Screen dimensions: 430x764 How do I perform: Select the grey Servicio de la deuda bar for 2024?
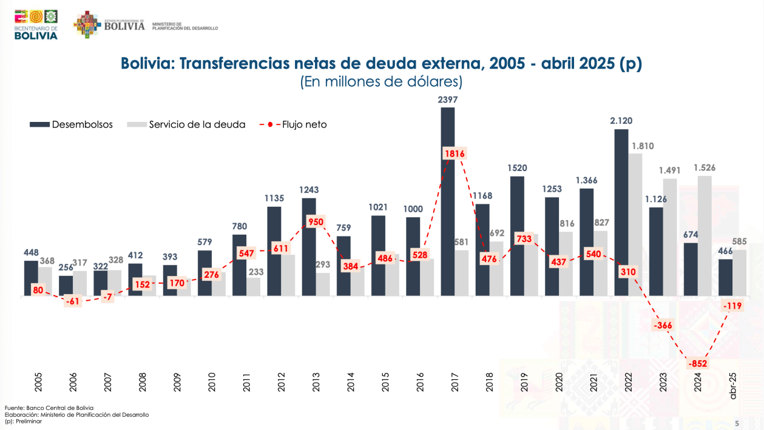point(705,236)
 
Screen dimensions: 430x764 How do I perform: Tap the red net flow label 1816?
point(455,154)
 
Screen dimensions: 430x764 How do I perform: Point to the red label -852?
point(697,364)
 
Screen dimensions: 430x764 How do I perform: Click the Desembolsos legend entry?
point(72,124)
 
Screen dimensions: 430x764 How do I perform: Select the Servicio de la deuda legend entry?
point(186,124)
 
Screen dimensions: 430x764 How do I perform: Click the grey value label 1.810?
point(642,146)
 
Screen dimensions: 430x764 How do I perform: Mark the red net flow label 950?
point(316,221)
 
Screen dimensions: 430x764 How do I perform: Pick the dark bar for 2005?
point(31,278)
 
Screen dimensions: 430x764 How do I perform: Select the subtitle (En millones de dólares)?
point(381,82)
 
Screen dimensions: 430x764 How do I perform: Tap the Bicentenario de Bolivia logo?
point(36,24)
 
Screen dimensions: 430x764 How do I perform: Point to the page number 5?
point(737,423)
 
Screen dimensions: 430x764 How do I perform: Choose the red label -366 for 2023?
point(663,326)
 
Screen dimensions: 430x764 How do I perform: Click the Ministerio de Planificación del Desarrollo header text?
point(184,26)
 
